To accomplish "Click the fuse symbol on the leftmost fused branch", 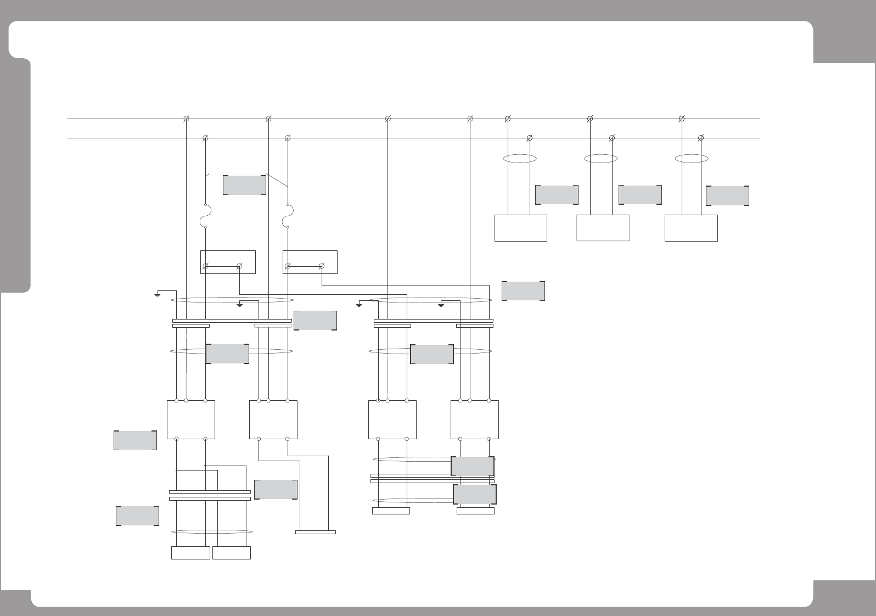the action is (x=205, y=215).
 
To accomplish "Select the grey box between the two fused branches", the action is (x=245, y=185).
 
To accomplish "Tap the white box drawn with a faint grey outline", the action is (x=603, y=228).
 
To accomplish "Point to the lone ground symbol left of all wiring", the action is (x=158, y=294).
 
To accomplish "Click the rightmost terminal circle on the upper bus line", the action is (x=682, y=119).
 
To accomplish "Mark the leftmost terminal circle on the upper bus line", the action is (x=186, y=119).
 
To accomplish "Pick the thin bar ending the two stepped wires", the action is (x=315, y=532).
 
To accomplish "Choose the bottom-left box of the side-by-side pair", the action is (x=190, y=553).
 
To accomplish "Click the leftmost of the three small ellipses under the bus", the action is (x=519, y=159).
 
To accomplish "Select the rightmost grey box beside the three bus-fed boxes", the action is (x=727, y=195).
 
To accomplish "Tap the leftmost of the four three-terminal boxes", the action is (x=190, y=419).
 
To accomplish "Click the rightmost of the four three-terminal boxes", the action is (x=475, y=419).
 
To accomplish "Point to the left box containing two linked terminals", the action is (x=228, y=262).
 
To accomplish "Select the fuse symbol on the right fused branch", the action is (x=288, y=215).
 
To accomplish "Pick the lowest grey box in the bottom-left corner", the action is (x=137, y=516).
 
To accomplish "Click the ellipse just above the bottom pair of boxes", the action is (x=212, y=531).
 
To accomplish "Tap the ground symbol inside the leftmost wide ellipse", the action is (x=239, y=304).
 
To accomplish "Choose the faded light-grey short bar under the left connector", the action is (x=273, y=326).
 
